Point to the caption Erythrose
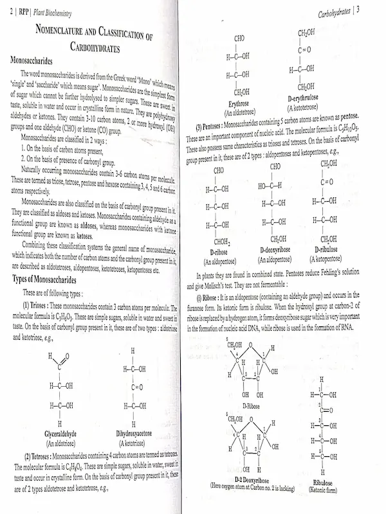coord(239,103)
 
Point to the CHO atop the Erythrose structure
coord(239,38)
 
